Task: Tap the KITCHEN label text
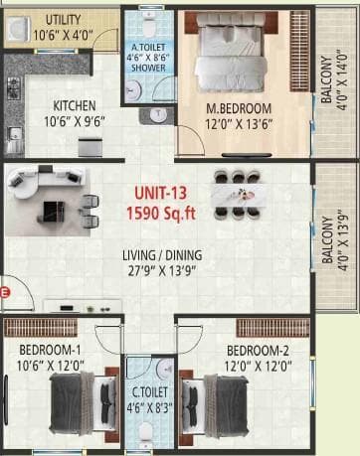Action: click(x=76, y=104)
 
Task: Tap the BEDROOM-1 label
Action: click(x=49, y=350)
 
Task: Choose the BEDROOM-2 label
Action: click(x=257, y=350)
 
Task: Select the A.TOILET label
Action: click(x=148, y=46)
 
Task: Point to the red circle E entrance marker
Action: click(x=5, y=292)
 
